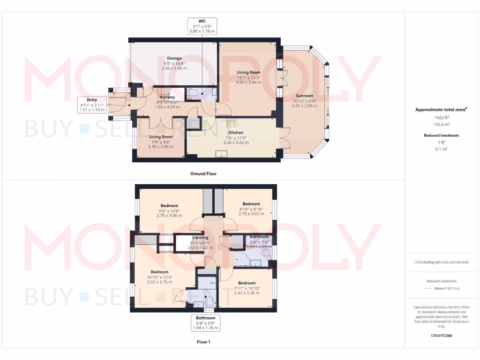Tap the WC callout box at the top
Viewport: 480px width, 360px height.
[x=202, y=26]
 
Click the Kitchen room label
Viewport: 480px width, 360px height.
[x=235, y=133]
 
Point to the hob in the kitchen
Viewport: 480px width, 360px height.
[x=231, y=122]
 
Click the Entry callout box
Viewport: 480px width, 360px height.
[x=92, y=105]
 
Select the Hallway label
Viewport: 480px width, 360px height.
[x=167, y=97]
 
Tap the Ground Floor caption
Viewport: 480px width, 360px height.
[x=203, y=173]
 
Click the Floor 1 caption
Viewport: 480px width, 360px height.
[x=203, y=342]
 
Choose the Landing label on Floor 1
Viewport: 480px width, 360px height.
[x=200, y=238]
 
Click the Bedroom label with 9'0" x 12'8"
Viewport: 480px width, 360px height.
[x=169, y=205]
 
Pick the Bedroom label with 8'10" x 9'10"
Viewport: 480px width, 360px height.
[x=251, y=203]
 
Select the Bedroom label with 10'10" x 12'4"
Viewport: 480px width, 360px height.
[x=159, y=272]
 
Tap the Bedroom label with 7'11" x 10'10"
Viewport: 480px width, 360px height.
[x=247, y=283]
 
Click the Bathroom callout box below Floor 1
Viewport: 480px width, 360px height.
[x=205, y=323]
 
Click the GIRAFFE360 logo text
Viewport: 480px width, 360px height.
[x=442, y=336]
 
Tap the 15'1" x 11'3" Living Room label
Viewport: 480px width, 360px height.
[x=248, y=72]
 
